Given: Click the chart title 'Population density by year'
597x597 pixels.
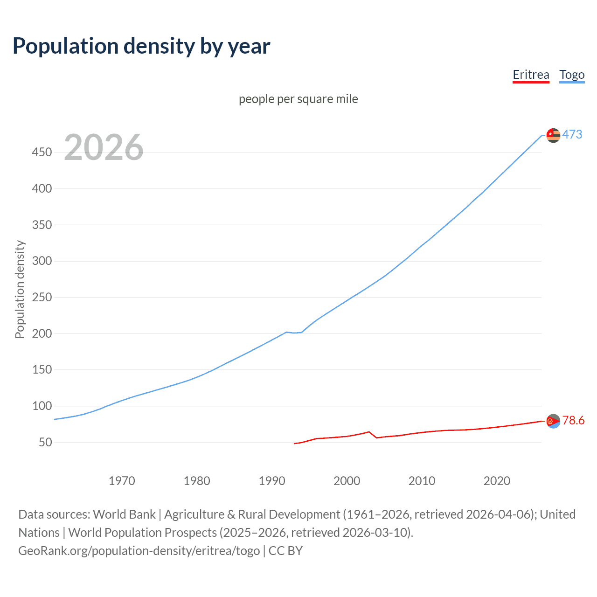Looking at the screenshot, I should (141, 46).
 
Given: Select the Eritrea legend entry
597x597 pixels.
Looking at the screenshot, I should (531, 75).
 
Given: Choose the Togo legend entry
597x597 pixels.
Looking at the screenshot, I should (572, 75).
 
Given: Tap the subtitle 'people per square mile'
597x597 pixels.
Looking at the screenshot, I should (298, 99).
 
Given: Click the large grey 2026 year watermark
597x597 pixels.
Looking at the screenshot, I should (104, 147).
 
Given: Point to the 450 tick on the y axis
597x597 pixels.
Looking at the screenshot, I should (42, 153).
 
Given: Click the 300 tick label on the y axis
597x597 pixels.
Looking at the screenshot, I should (42, 261).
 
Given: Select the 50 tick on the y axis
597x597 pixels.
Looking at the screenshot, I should (45, 442).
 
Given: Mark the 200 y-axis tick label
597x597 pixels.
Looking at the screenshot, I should (42, 333).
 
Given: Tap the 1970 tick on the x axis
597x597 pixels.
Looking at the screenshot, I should (122, 481).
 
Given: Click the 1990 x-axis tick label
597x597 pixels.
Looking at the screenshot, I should (272, 481).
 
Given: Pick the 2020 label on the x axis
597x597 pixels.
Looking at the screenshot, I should (497, 481).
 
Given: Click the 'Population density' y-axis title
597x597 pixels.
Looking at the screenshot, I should (20, 289).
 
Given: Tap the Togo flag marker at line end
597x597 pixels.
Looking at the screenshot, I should (553, 135).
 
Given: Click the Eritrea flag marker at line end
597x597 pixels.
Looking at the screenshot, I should (553, 421).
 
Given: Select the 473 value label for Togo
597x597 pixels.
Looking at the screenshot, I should (572, 135).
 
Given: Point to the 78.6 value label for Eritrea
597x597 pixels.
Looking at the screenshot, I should (573, 421).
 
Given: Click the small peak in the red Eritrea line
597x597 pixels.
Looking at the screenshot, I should (369, 432).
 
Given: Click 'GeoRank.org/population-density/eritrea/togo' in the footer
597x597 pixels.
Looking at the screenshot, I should (139, 551).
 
